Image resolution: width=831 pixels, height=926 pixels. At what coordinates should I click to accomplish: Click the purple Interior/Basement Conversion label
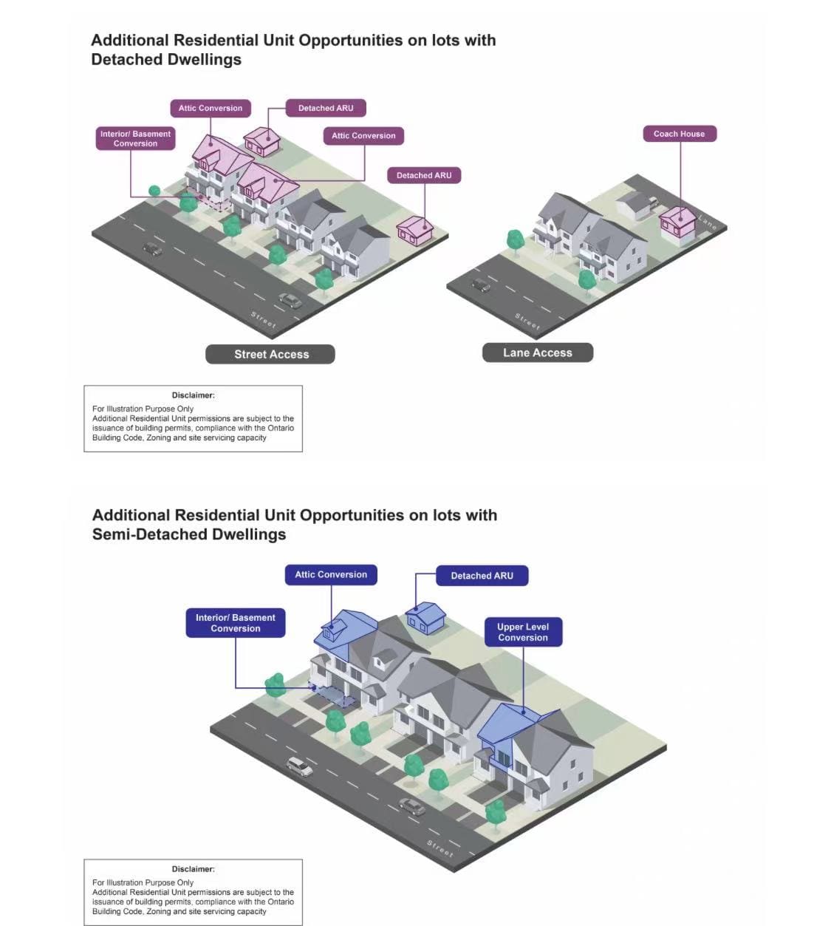pyautogui.click(x=135, y=138)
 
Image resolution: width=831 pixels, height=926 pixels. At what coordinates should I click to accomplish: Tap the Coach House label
pyautogui.click(x=679, y=134)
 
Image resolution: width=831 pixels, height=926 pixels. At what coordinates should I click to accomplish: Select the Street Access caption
pyautogui.click(x=270, y=354)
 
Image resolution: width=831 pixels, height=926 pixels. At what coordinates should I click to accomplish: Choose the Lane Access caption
pyautogui.click(x=537, y=353)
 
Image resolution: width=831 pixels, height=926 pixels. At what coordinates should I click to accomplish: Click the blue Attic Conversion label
pyautogui.click(x=331, y=574)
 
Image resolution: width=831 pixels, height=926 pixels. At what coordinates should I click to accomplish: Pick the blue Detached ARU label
pyautogui.click(x=482, y=576)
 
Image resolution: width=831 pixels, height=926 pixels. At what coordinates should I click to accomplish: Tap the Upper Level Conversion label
pyautogui.click(x=523, y=632)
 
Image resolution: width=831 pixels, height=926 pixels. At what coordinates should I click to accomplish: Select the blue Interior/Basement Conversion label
pyautogui.click(x=235, y=622)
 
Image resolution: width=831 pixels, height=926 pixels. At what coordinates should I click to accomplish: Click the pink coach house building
pyautogui.click(x=677, y=222)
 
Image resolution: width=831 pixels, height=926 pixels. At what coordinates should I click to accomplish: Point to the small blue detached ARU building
pyautogui.click(x=426, y=617)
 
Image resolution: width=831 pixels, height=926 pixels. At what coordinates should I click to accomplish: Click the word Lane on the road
pyautogui.click(x=707, y=221)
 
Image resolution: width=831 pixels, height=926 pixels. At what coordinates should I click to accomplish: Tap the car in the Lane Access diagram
pyautogui.click(x=481, y=285)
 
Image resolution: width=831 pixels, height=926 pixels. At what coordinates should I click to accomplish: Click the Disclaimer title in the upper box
pyautogui.click(x=193, y=395)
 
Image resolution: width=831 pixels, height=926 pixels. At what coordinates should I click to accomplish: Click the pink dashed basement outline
pyautogui.click(x=215, y=202)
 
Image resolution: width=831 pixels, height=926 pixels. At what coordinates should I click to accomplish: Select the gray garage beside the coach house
pyautogui.click(x=633, y=205)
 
